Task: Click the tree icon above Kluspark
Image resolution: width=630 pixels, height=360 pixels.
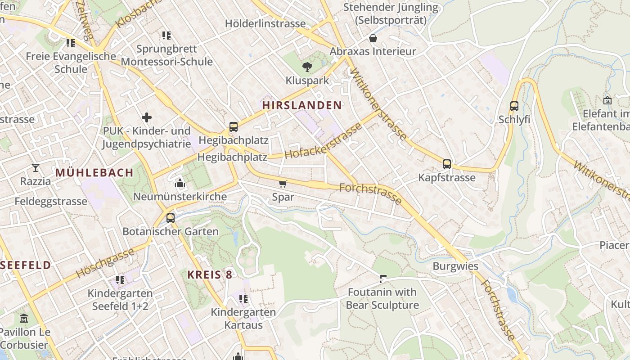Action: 307,67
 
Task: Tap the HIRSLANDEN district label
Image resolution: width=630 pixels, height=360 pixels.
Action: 302,105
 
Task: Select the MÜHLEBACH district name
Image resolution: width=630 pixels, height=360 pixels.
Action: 94,172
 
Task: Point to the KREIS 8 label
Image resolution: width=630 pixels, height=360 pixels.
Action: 210,274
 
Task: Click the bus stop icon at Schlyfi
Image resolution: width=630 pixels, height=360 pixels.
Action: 514,107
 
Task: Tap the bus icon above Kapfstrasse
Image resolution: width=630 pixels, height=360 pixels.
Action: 446,164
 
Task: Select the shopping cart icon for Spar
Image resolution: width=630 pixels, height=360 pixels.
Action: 283,184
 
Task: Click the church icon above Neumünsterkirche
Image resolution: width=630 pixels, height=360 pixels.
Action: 180,183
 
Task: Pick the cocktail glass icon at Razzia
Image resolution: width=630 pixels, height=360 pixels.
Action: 36,168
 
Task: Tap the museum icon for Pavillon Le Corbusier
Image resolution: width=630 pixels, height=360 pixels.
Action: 24,319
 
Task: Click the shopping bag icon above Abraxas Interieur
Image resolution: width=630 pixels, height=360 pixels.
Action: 373,38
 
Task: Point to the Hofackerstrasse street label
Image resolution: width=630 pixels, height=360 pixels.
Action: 323,141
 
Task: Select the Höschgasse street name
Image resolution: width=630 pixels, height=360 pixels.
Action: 105,263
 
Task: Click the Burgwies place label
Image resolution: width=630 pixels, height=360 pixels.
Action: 455,266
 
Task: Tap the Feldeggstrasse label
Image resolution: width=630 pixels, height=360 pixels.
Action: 51,201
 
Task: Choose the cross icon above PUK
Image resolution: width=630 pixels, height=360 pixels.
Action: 147,118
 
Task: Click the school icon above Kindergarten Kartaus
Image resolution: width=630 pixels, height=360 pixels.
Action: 243,299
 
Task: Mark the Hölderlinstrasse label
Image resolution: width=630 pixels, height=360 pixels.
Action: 265,23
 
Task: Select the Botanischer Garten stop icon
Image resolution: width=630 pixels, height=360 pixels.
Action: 170,218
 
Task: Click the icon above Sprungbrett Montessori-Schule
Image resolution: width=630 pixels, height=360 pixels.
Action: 166,36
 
